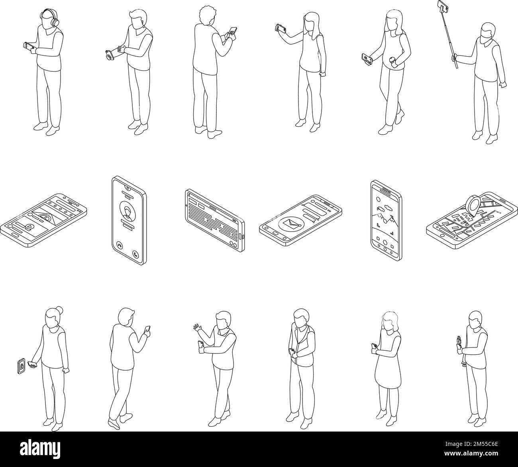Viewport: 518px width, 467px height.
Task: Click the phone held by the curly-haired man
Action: [232, 31]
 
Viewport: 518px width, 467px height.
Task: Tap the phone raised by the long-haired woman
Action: [281, 29]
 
